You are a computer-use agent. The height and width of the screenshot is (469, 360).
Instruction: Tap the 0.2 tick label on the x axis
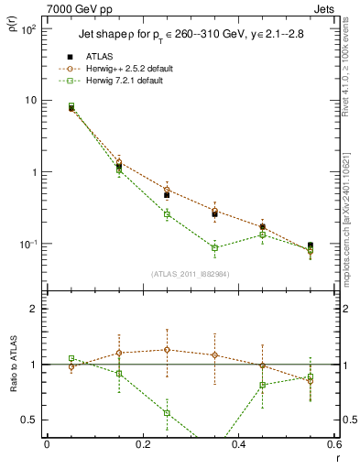(x=142, y=444)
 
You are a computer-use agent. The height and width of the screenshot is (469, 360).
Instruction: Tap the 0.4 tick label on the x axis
(x=238, y=444)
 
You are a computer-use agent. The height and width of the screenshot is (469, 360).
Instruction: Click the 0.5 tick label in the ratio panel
(x=29, y=420)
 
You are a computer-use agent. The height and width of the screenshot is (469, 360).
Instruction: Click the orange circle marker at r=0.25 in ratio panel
(x=167, y=349)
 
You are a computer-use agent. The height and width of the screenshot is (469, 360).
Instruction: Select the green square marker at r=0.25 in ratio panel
(x=167, y=413)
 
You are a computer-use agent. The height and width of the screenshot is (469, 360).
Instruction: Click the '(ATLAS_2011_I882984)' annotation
(x=191, y=274)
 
